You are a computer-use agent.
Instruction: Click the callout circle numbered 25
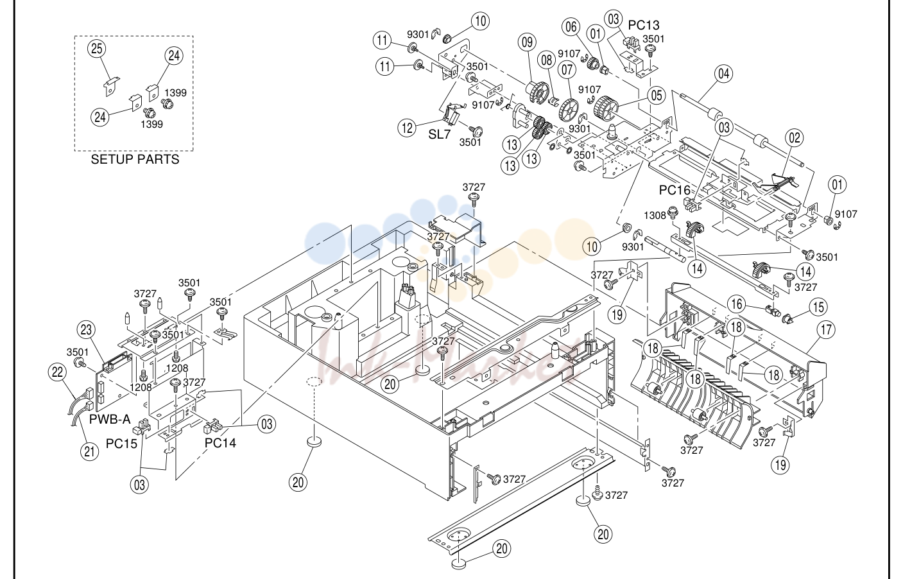pos(97,49)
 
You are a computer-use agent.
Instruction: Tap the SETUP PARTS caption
pos(135,159)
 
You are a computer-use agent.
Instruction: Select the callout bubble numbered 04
pos(723,74)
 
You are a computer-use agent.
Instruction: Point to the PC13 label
pos(644,25)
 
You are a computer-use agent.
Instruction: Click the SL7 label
pos(439,134)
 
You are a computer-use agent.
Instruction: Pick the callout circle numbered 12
pos(407,128)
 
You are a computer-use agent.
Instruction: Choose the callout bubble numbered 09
pos(527,42)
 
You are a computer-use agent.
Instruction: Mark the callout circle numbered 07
pos(567,70)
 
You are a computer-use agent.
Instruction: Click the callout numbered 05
pos(657,96)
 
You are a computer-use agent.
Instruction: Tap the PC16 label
pos(675,190)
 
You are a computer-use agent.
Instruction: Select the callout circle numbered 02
pos(794,138)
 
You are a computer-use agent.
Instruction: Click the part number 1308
pos(655,216)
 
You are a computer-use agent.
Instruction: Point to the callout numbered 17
pos(826,330)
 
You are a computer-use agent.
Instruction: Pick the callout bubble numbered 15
pos(818,307)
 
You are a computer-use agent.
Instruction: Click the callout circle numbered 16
pos(737,304)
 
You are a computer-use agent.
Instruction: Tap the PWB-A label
pos(110,419)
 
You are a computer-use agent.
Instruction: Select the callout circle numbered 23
pos(86,330)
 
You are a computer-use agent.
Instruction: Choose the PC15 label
pos(121,444)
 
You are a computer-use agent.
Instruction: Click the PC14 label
pos(220,443)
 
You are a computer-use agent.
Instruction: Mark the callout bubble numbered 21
pos(89,452)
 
